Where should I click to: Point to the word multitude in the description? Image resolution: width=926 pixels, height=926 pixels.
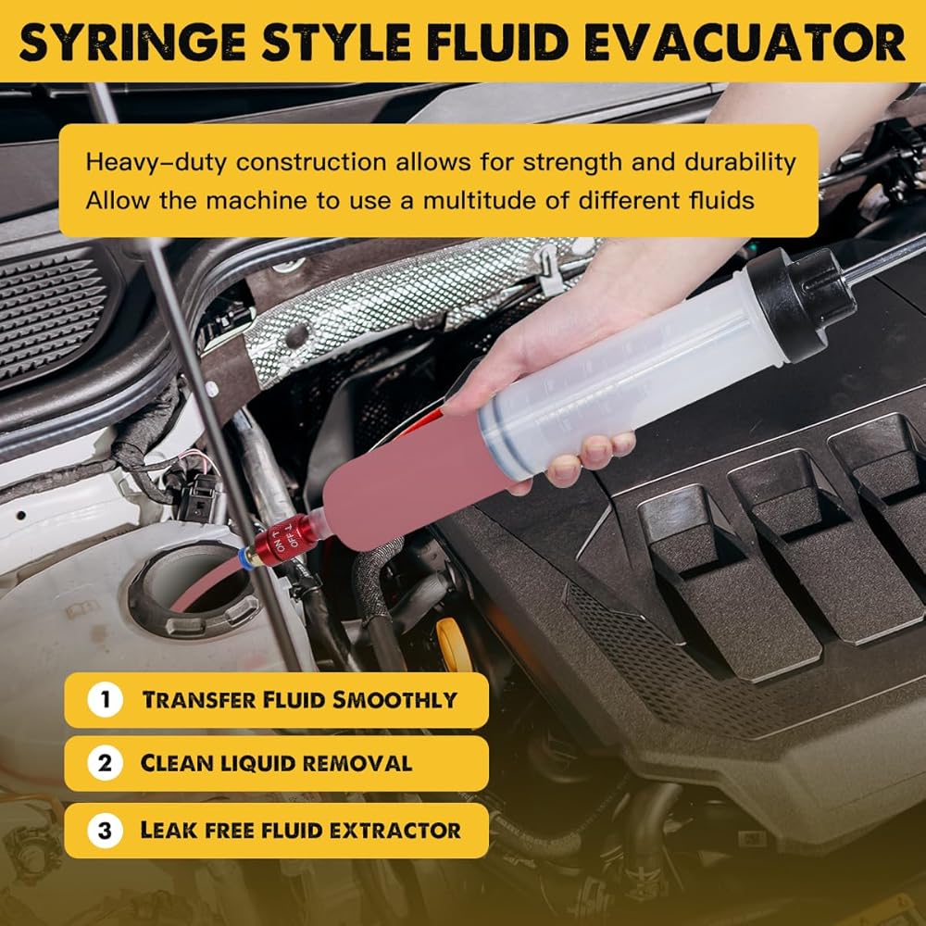point(480,200)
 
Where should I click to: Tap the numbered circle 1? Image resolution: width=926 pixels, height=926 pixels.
point(106,700)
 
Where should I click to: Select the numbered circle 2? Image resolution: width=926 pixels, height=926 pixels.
point(106,763)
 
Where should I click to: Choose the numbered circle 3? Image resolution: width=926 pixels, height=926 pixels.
point(106,831)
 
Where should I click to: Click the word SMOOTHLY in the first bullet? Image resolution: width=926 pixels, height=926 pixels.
point(394,700)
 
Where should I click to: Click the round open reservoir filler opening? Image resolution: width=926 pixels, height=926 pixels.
point(194,591)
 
